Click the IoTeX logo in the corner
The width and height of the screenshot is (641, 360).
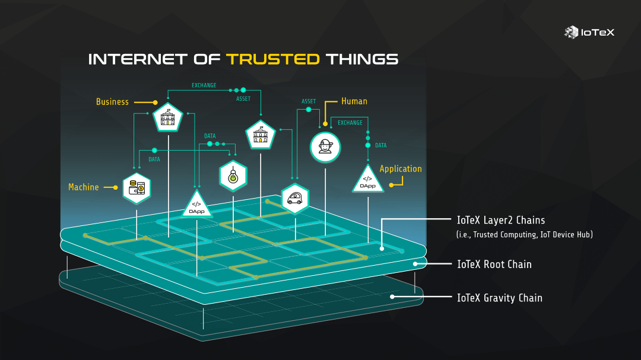point(589,33)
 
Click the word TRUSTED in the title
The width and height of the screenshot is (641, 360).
point(273,59)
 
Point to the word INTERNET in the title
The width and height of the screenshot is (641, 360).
point(138,59)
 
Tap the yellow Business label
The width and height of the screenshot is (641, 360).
point(112,102)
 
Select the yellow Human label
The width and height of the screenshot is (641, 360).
point(354,101)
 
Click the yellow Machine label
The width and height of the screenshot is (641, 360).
point(84,187)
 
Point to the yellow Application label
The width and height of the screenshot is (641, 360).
point(401,169)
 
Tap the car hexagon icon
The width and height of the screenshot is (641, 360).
point(294,198)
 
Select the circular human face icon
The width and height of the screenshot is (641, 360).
point(325,147)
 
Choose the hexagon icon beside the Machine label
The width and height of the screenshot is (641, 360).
point(137,188)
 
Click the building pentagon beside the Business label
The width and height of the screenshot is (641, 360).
point(169,118)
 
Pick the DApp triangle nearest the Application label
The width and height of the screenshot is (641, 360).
point(368,180)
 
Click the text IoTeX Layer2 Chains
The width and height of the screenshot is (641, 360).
point(501,220)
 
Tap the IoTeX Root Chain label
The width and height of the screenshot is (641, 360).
point(494,264)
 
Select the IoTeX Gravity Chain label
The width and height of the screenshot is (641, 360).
point(499,298)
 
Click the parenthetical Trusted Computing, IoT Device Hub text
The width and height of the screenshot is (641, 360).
point(525,235)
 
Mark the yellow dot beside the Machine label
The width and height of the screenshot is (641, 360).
point(115,187)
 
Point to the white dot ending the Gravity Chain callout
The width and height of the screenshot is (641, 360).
point(392,297)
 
